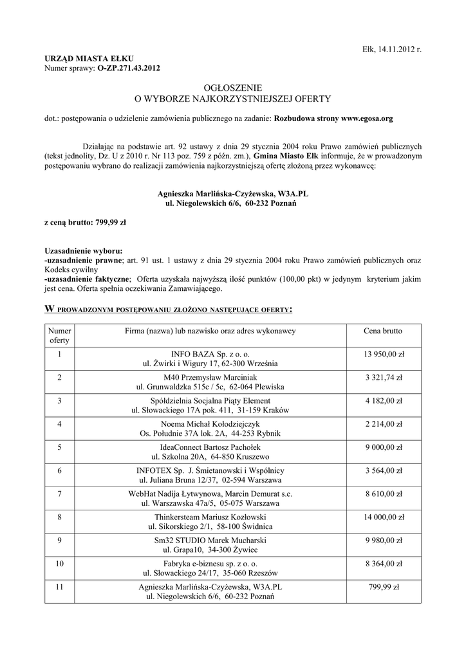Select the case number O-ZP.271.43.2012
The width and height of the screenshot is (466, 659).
pos(129,67)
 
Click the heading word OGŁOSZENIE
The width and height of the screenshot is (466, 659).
pos(232,87)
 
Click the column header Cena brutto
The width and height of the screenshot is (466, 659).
pos(383,331)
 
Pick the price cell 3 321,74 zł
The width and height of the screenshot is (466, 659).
pos(383,377)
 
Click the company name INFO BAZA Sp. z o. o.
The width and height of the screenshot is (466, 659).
pos(210,354)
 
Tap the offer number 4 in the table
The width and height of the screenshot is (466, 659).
pos(59,424)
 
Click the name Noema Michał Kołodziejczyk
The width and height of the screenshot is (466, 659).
pos(210,424)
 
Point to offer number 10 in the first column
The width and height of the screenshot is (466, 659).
pos(59,563)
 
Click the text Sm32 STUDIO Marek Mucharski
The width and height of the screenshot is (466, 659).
pos(210,540)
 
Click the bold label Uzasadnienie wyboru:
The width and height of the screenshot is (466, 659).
pos(83,250)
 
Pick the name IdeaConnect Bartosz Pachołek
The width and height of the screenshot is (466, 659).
pos(210,447)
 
